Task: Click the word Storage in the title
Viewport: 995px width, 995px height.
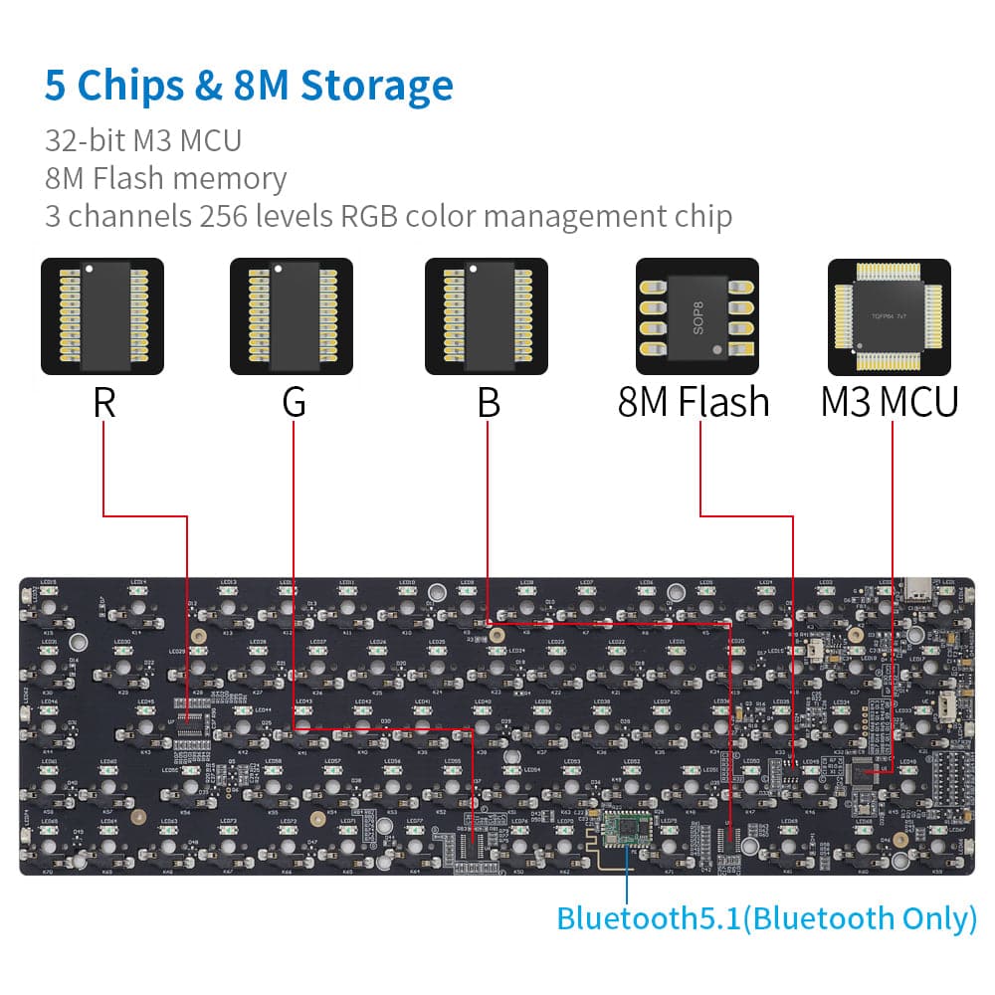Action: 377,86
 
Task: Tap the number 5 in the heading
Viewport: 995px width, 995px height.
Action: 56,86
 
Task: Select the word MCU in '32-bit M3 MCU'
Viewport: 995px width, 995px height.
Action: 210,140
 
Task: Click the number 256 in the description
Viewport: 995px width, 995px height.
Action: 226,215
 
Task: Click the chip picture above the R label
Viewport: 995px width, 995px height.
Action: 102,316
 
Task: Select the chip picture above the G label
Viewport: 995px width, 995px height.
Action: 292,316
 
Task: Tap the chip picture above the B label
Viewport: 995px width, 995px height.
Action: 487,316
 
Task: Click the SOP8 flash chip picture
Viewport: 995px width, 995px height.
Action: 696,316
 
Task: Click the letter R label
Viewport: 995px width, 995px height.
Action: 103,403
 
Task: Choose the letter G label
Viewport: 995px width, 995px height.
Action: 294,403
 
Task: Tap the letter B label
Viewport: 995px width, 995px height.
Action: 488,403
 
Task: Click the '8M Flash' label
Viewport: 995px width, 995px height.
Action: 694,403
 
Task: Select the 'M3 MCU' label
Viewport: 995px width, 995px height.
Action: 890,403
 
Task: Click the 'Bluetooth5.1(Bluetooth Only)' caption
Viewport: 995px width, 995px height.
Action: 766,917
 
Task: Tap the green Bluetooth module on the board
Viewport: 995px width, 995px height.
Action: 626,831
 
